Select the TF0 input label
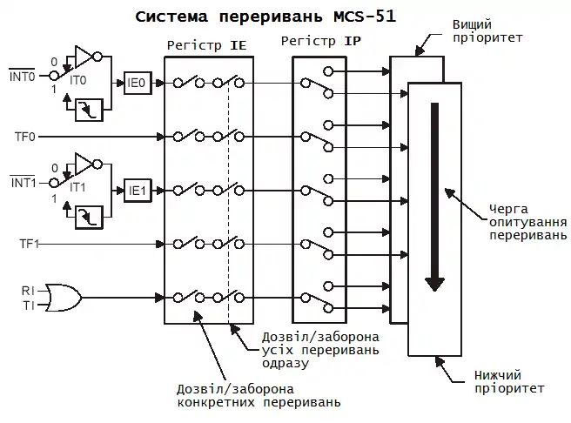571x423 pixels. coord(25,137)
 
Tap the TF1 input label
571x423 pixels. coord(30,245)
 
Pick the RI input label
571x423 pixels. coord(29,289)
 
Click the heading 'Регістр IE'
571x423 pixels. coord(208,42)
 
